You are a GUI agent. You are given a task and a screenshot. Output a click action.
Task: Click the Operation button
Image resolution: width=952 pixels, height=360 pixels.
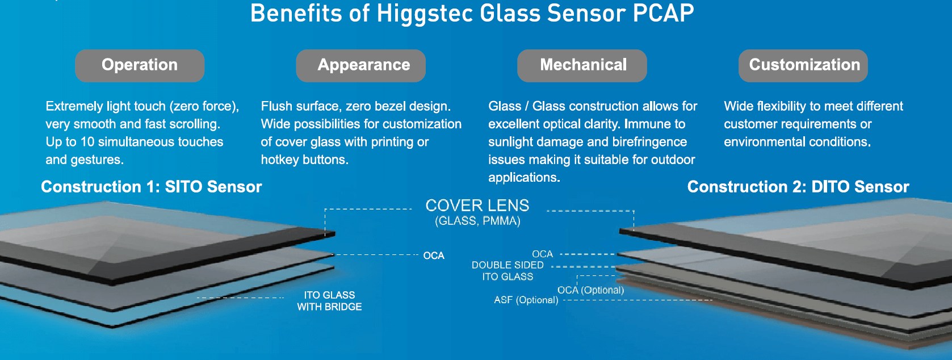(x=140, y=65)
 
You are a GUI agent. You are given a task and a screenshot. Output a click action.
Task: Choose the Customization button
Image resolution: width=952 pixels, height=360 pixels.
(x=803, y=65)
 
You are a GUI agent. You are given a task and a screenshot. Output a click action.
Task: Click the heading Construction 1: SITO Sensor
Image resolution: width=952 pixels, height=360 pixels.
(x=151, y=187)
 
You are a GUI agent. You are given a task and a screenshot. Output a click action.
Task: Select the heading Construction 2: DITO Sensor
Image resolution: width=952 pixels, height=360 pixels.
(x=798, y=187)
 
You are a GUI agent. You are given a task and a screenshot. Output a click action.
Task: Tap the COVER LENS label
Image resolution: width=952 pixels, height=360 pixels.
(x=477, y=206)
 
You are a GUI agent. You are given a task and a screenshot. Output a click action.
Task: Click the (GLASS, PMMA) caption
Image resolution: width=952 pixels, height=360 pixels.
(x=477, y=221)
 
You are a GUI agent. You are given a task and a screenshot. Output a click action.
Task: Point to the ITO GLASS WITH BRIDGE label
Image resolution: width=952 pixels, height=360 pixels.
(x=329, y=301)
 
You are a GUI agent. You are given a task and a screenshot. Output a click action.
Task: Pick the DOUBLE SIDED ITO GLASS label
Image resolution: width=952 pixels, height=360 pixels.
(x=508, y=271)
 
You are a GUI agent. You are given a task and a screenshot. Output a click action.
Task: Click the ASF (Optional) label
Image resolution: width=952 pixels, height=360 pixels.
(x=526, y=300)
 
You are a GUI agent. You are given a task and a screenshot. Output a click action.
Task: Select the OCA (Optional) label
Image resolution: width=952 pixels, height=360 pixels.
(x=590, y=290)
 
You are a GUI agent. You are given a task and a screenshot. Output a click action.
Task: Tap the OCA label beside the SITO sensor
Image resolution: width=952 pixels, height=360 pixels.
(x=434, y=256)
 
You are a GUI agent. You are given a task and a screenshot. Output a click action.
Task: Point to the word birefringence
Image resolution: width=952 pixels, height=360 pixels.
(x=644, y=142)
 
